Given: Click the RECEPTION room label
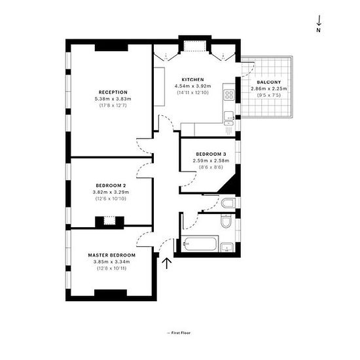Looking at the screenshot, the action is [x=113, y=92].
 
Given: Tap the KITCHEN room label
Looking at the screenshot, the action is [x=192, y=80].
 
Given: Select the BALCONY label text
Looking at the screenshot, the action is [x=269, y=82].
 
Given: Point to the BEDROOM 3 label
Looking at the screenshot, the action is [x=211, y=154].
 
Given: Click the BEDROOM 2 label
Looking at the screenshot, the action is [x=111, y=185].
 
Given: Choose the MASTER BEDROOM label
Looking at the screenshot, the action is [x=112, y=255].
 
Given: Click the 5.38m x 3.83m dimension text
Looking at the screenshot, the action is [x=113, y=99].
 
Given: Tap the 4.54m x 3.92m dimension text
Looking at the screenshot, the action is [x=192, y=86].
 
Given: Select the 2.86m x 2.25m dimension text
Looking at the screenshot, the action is [x=269, y=88].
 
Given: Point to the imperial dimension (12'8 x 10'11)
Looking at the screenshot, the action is [x=112, y=268].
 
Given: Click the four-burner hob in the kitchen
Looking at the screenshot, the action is [x=229, y=95].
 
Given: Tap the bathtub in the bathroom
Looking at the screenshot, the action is [x=200, y=244].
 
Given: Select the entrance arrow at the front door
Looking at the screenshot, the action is [x=167, y=263].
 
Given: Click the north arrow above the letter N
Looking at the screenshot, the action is [x=319, y=20].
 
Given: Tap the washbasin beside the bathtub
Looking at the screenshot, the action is [x=227, y=247].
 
